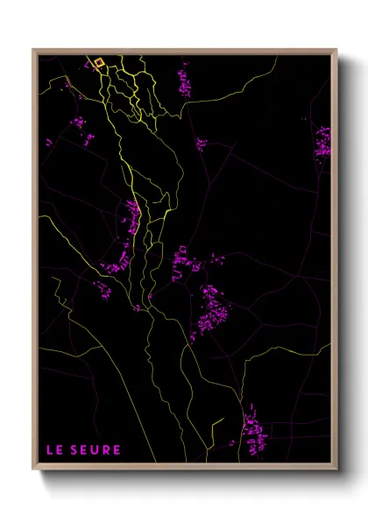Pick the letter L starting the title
[x=49, y=450]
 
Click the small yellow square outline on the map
[x=99, y=62]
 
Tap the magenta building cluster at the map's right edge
[x=323, y=141]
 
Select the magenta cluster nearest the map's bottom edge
[x=254, y=431]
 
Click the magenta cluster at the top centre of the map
[x=185, y=81]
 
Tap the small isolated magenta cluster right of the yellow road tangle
[x=201, y=144]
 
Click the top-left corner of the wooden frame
[x=33, y=50]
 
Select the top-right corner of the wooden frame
[x=336, y=50]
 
